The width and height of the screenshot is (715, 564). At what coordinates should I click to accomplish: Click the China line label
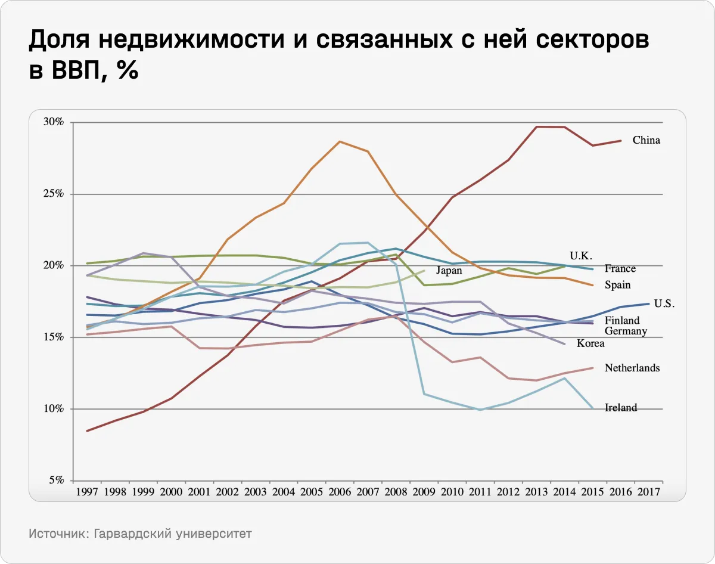(646, 141)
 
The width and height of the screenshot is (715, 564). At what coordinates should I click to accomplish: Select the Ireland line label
(620, 408)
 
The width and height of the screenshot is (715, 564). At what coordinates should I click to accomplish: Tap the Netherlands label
(632, 368)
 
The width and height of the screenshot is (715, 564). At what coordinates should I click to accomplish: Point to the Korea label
(590, 343)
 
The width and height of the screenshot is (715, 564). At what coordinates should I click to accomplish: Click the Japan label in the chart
(449, 270)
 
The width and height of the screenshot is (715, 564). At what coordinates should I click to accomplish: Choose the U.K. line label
(580, 256)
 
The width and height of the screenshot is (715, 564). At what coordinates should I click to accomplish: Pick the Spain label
(617, 285)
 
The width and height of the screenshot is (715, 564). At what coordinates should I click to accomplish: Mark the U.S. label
(664, 303)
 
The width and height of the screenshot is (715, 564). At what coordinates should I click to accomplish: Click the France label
(620, 269)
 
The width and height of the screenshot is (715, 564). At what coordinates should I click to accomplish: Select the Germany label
(625, 331)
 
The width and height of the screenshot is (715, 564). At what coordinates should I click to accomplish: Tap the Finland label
(621, 321)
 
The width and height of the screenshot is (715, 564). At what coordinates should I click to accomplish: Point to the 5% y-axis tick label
(57, 481)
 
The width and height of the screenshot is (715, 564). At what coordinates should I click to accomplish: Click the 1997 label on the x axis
(88, 492)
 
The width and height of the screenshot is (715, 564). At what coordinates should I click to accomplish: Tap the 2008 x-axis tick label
(396, 492)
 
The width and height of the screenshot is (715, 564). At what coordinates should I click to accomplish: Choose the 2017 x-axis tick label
(648, 492)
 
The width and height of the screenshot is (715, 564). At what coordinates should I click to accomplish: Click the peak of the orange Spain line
(340, 141)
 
